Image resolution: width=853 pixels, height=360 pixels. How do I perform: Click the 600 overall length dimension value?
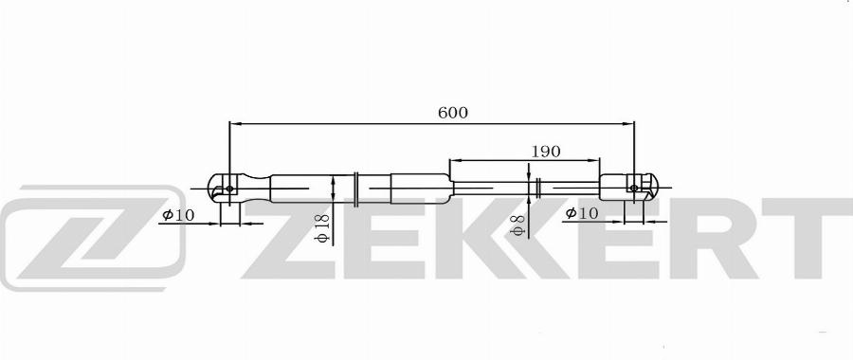pos(453,113)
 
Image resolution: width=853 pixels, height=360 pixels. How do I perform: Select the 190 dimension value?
pos(546,152)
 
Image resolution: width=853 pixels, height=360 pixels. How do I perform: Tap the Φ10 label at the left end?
pos(178,215)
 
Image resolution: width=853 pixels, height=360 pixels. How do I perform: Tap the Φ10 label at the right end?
pos(582,213)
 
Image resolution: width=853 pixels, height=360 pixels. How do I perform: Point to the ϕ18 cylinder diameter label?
pos(323,228)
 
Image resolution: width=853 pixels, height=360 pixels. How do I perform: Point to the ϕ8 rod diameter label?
pos(517,225)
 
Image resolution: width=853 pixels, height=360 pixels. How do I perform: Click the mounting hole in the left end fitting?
pos(229,189)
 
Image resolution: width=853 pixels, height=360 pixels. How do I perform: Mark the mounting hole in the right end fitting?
pos(634,188)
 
